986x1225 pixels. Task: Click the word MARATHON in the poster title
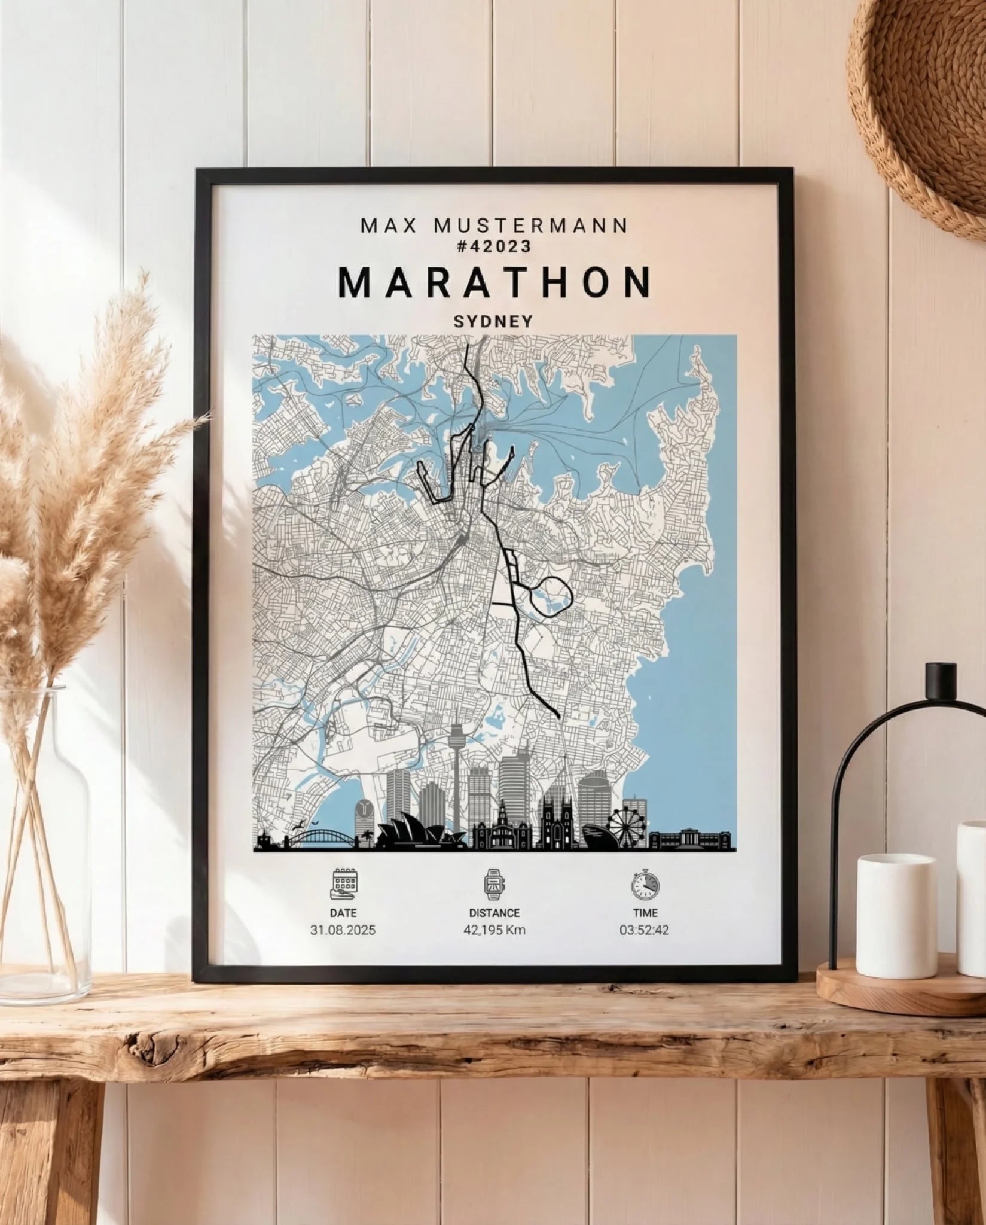[494, 282]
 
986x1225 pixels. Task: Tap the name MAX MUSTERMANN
[494, 226]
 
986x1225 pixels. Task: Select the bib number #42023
[494, 246]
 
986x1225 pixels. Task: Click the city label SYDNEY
[493, 321]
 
